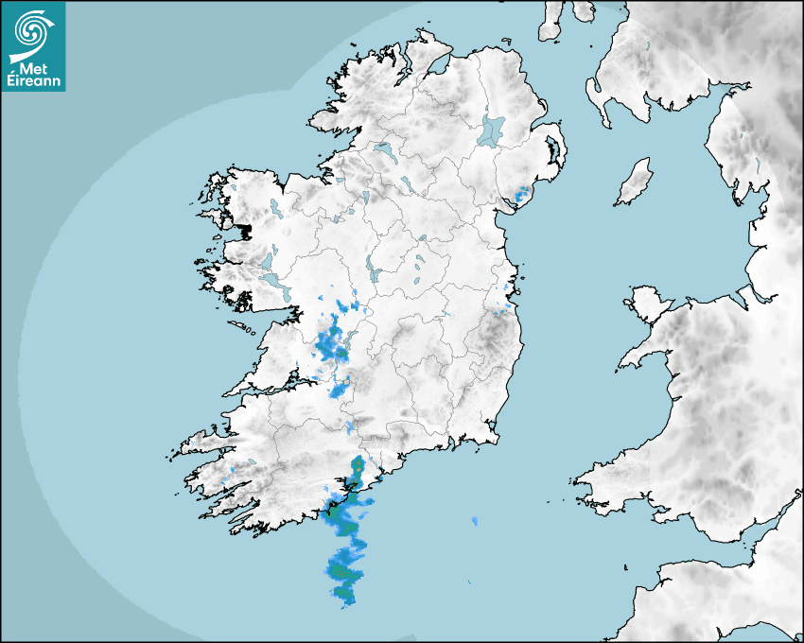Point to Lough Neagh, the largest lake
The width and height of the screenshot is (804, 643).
tap(492, 130)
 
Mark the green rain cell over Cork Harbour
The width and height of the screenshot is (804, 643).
tap(358, 467)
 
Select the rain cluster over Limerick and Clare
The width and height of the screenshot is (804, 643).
tap(331, 344)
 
